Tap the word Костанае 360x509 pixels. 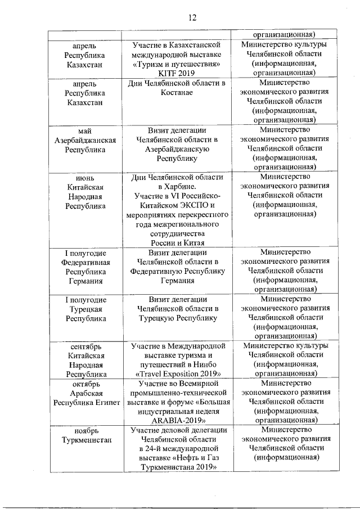177,92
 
